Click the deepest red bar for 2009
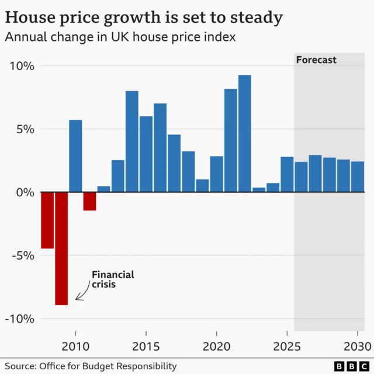(x=61, y=248)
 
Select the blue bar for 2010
(x=75, y=156)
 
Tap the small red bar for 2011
(x=89, y=201)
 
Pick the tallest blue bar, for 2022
(x=245, y=133)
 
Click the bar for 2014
(x=132, y=141)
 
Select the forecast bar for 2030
(x=358, y=176)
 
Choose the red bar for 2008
(x=47, y=220)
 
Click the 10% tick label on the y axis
(x=22, y=66)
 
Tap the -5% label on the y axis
(x=22, y=255)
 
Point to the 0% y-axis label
(x=25, y=192)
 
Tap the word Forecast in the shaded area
(x=316, y=60)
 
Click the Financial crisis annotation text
(x=112, y=279)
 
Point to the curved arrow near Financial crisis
(x=82, y=294)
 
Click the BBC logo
(x=349, y=366)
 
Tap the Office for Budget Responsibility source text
(x=108, y=366)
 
